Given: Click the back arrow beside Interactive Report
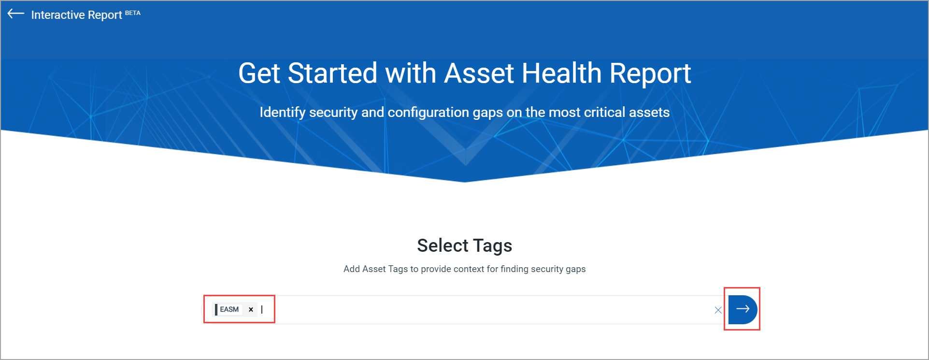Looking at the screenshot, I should click(16, 14).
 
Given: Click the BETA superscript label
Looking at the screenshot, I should click(133, 13).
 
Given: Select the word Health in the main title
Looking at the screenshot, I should click(561, 73).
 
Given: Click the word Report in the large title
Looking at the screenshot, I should click(650, 73).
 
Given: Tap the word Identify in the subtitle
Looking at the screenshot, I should click(282, 113).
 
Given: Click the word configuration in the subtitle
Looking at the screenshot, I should click(428, 113).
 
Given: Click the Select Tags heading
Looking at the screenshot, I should click(464, 245).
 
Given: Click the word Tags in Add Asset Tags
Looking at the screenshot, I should click(398, 269).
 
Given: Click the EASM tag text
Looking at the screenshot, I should click(229, 309).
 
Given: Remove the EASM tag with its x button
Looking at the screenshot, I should click(251, 309).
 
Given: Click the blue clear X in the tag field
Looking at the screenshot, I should click(718, 310).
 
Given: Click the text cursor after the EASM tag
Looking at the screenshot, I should click(262, 309).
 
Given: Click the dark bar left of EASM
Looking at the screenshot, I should click(216, 309).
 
